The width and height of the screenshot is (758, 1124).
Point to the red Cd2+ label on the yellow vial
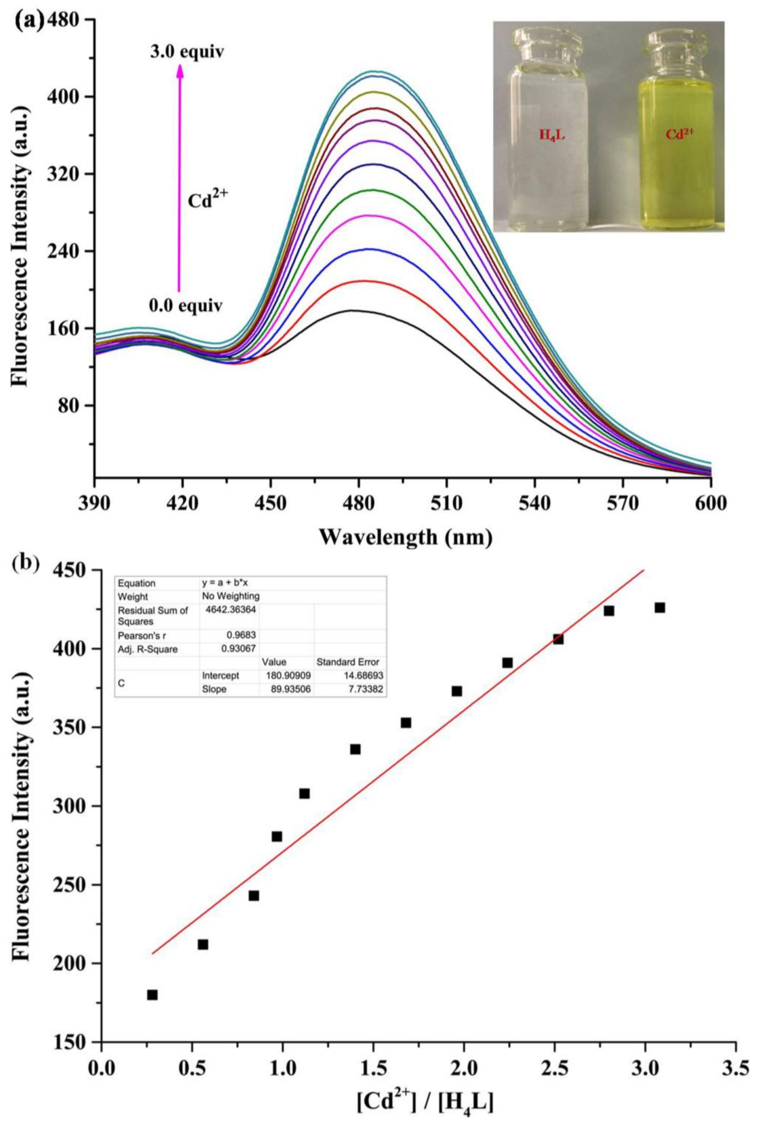(679, 134)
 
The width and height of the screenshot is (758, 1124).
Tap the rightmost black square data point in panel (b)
(659, 607)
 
